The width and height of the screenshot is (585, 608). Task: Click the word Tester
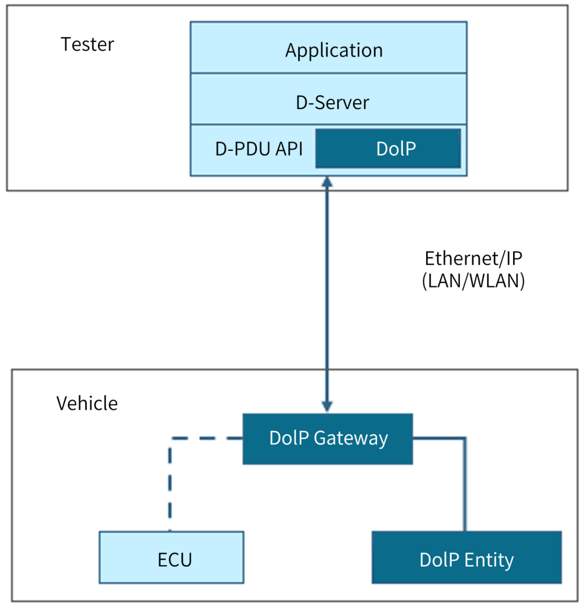point(88,44)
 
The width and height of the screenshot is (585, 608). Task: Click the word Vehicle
point(87,403)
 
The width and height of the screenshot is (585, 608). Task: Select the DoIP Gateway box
point(328,439)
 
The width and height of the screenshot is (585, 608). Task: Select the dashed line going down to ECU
point(170,487)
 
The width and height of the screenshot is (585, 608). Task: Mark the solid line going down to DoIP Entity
point(465,487)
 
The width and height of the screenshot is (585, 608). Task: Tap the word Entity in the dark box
point(489,560)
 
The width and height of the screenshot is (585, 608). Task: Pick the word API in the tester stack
point(288,149)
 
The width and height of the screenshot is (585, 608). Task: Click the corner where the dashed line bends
point(170,439)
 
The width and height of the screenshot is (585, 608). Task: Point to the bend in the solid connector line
point(465,439)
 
